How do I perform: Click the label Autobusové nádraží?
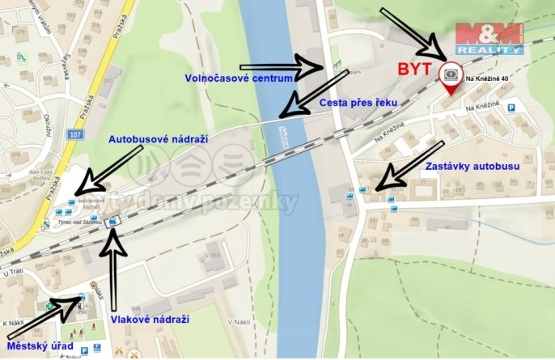coord(159,139)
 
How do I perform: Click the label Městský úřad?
coord(40,346)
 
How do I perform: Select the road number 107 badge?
coord(75,133)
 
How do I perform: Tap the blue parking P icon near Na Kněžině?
coord(511,107)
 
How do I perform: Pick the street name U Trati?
coord(15,273)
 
